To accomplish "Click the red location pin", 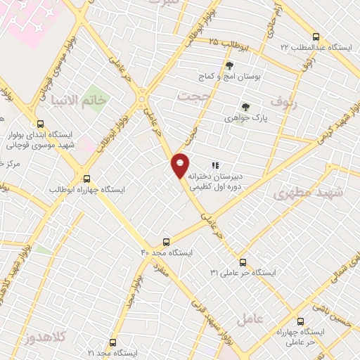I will (x=181, y=165).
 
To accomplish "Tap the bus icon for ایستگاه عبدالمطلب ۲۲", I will (x=316, y=37).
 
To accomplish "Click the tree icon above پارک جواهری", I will (x=245, y=108).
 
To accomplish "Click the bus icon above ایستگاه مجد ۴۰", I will (x=167, y=240).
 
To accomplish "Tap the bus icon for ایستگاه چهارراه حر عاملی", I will (x=301, y=320).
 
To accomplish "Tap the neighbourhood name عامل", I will (x=250, y=319).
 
